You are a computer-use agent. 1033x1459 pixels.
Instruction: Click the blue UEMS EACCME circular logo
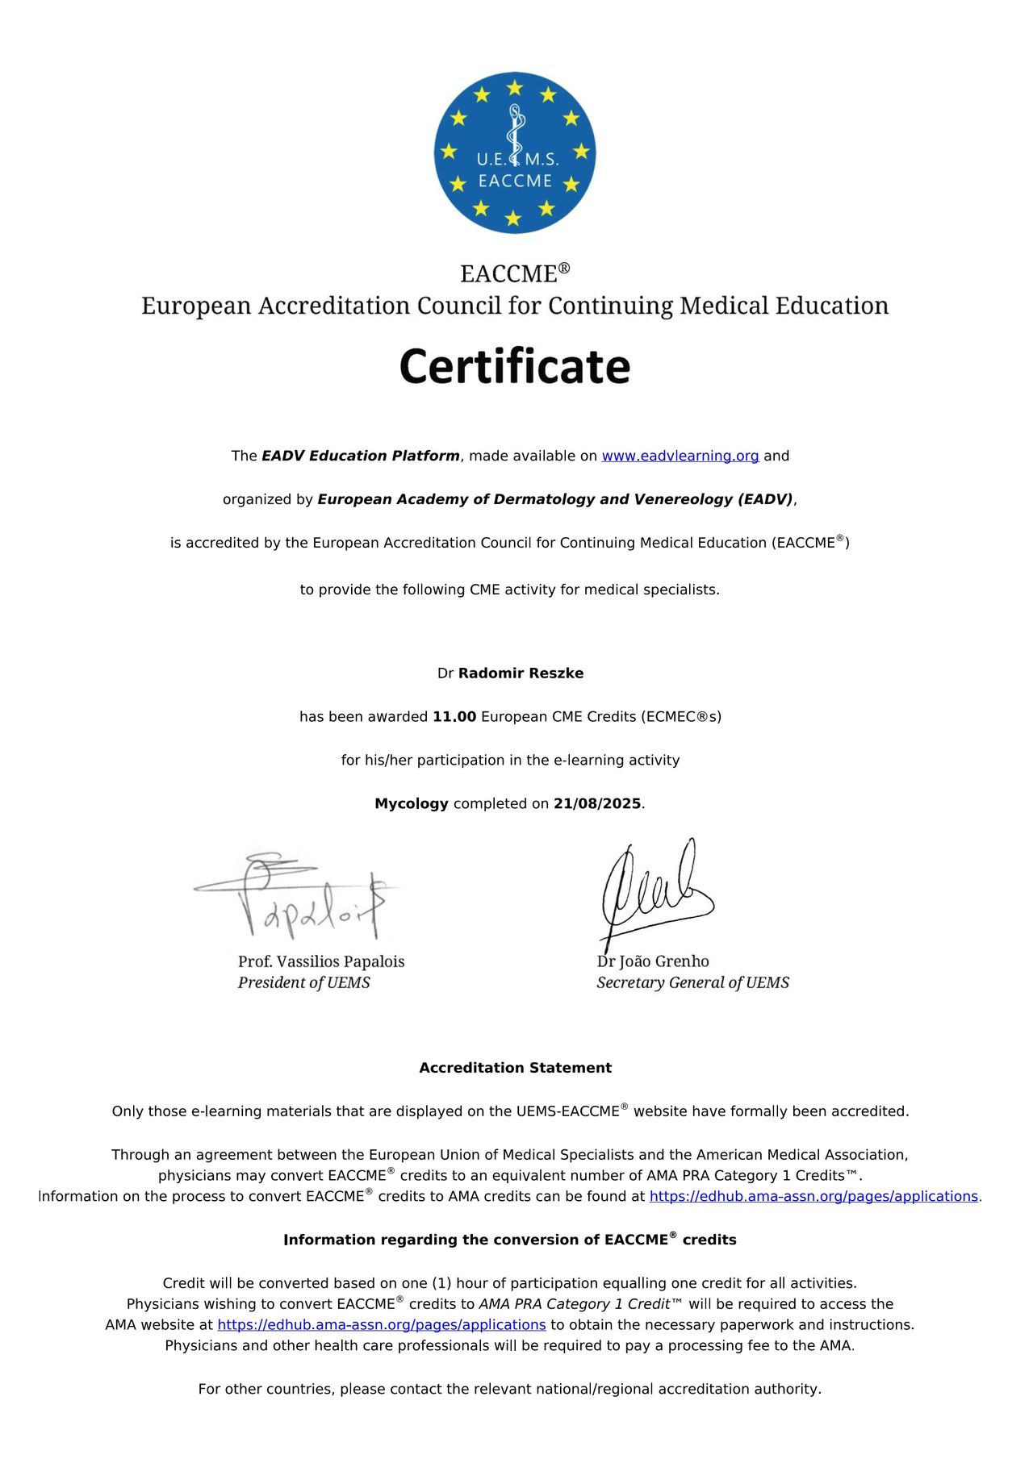pyautogui.click(x=515, y=152)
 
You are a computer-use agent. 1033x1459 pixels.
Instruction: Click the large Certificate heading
pyautogui.click(x=515, y=366)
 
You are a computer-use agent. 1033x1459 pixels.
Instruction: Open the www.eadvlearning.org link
pyautogui.click(x=680, y=456)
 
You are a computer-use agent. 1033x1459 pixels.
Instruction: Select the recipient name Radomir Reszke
pyautogui.click(x=521, y=673)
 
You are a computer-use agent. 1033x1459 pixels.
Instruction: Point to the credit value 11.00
pyautogui.click(x=454, y=716)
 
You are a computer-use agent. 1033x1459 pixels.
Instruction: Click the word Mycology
pyautogui.click(x=411, y=803)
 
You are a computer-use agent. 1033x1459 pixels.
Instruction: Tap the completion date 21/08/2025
pyautogui.click(x=597, y=803)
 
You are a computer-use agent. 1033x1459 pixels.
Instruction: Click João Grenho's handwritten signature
pyautogui.click(x=654, y=891)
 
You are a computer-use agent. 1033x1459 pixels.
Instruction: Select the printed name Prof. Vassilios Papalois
pyautogui.click(x=321, y=961)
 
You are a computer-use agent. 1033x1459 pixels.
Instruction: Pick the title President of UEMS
pyautogui.click(x=303, y=982)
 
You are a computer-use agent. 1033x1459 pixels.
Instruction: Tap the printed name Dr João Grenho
pyautogui.click(x=653, y=961)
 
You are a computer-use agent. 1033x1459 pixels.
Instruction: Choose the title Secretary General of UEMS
pyautogui.click(x=692, y=982)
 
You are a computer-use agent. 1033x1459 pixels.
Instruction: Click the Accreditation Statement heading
pyautogui.click(x=515, y=1068)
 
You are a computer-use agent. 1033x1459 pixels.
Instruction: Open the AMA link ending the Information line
pyautogui.click(x=813, y=1196)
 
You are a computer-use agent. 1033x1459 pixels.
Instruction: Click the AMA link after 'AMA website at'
pyautogui.click(x=382, y=1324)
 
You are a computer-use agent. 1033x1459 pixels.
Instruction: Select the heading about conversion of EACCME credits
pyautogui.click(x=509, y=1240)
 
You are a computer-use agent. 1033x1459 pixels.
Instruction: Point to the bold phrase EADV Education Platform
pyautogui.click(x=361, y=456)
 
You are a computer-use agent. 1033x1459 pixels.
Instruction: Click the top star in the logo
pyautogui.click(x=515, y=88)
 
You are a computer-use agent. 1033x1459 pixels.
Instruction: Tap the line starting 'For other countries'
pyautogui.click(x=509, y=1389)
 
